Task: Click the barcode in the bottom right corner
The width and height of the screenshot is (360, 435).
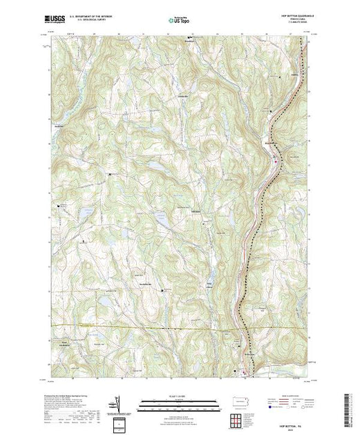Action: tap(350, 407)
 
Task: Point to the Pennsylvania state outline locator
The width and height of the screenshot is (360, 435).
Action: tap(239, 401)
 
